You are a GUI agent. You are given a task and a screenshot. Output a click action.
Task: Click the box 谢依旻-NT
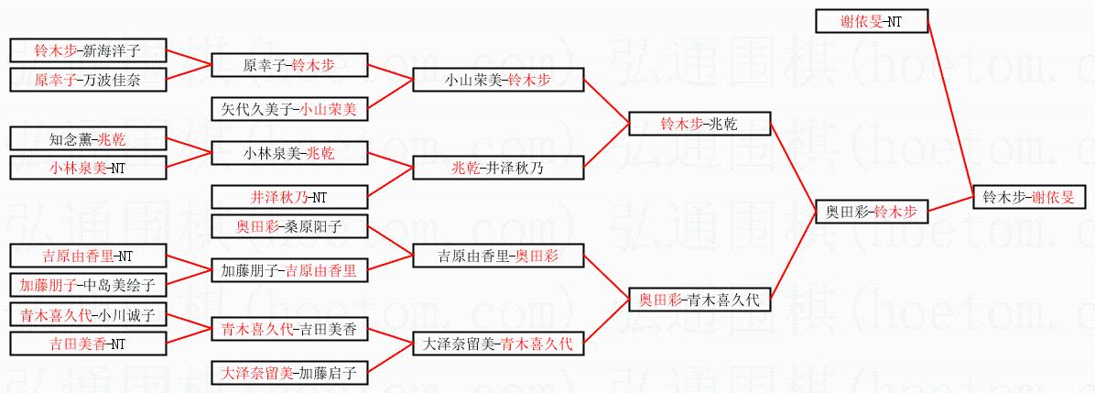(x=871, y=21)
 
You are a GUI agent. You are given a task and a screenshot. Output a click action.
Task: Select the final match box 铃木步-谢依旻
(x=1030, y=196)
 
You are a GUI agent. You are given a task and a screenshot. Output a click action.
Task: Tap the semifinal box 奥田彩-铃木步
(x=871, y=212)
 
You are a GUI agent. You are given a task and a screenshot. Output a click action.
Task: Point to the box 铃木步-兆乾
(x=699, y=124)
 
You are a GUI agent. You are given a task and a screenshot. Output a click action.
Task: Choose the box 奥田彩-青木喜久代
(x=699, y=299)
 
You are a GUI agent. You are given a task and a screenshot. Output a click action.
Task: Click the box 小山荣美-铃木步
(x=497, y=80)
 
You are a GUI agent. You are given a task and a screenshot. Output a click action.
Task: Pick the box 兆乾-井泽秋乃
(x=497, y=168)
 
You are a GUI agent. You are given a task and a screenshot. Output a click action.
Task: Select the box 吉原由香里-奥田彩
(x=497, y=256)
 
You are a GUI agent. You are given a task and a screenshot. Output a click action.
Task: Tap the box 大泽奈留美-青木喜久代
(x=497, y=344)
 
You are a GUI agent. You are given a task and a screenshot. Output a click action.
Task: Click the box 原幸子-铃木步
(x=289, y=65)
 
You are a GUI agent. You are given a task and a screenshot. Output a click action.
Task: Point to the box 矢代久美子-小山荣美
(x=289, y=109)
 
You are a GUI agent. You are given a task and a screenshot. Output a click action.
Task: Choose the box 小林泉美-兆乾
(x=289, y=152)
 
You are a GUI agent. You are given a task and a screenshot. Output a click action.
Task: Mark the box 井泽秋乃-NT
(x=289, y=196)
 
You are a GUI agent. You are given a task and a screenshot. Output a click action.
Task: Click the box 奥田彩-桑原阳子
(x=289, y=225)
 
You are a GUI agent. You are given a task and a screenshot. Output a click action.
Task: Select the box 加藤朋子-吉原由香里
(x=289, y=269)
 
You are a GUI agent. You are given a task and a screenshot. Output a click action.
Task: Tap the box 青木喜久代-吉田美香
(x=289, y=328)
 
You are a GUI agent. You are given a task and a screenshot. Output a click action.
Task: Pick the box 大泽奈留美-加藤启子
(x=289, y=372)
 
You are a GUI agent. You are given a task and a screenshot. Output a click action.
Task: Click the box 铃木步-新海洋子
(x=87, y=50)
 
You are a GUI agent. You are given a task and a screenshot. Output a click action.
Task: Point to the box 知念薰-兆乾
(x=87, y=138)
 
